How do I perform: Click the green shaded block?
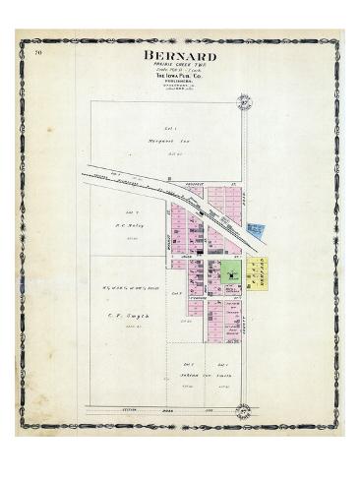[x=232, y=276]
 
